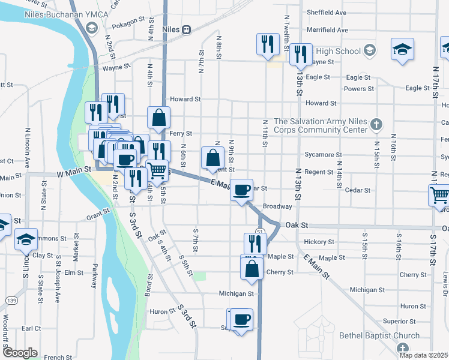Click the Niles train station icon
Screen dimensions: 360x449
point(187,29)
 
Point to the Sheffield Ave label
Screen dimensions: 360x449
point(327,12)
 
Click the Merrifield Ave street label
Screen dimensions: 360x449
point(327,29)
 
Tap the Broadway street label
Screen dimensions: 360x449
point(277,206)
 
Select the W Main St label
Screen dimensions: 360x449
point(74,170)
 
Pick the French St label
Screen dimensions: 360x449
point(58,358)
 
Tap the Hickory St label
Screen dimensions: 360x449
point(319,242)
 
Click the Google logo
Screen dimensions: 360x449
point(20,353)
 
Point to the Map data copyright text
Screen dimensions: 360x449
point(423,355)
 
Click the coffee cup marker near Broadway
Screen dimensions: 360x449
point(242,190)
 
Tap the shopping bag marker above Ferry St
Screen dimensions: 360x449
point(158,118)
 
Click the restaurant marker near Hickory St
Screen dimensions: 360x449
point(255,243)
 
